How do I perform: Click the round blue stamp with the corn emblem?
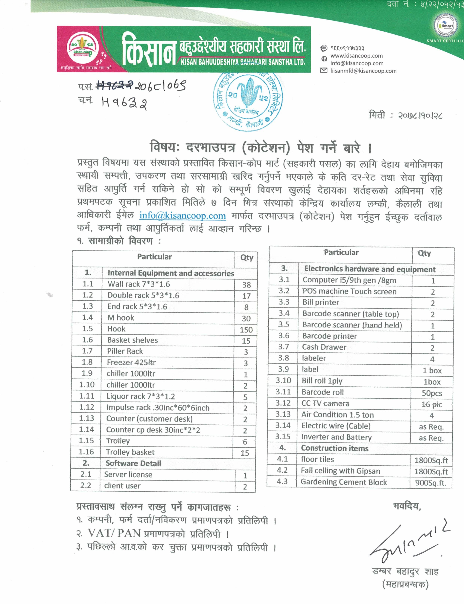coord(248,101)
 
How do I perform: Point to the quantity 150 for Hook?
coord(246,330)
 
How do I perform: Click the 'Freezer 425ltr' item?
coord(131,362)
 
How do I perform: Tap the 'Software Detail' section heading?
coord(133,463)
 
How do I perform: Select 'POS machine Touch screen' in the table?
coord(349,291)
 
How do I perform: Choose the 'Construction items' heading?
coord(335,448)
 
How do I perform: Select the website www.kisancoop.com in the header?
coord(357,56)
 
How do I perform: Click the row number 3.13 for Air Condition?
coord(283,414)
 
